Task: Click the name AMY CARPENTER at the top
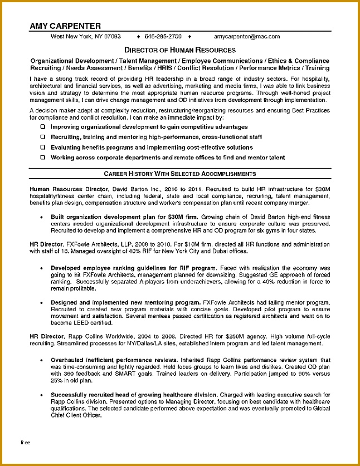(65, 26)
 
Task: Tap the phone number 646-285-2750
(163, 37)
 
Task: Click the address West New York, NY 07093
(85, 37)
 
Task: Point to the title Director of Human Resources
(179, 50)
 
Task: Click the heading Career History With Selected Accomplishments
(179, 174)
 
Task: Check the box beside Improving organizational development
(42, 127)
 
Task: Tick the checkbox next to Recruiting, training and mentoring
(42, 137)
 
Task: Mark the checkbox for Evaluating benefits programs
(42, 148)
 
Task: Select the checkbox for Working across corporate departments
(42, 158)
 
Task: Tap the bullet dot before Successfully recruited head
(42, 394)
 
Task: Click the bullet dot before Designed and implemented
(42, 302)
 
